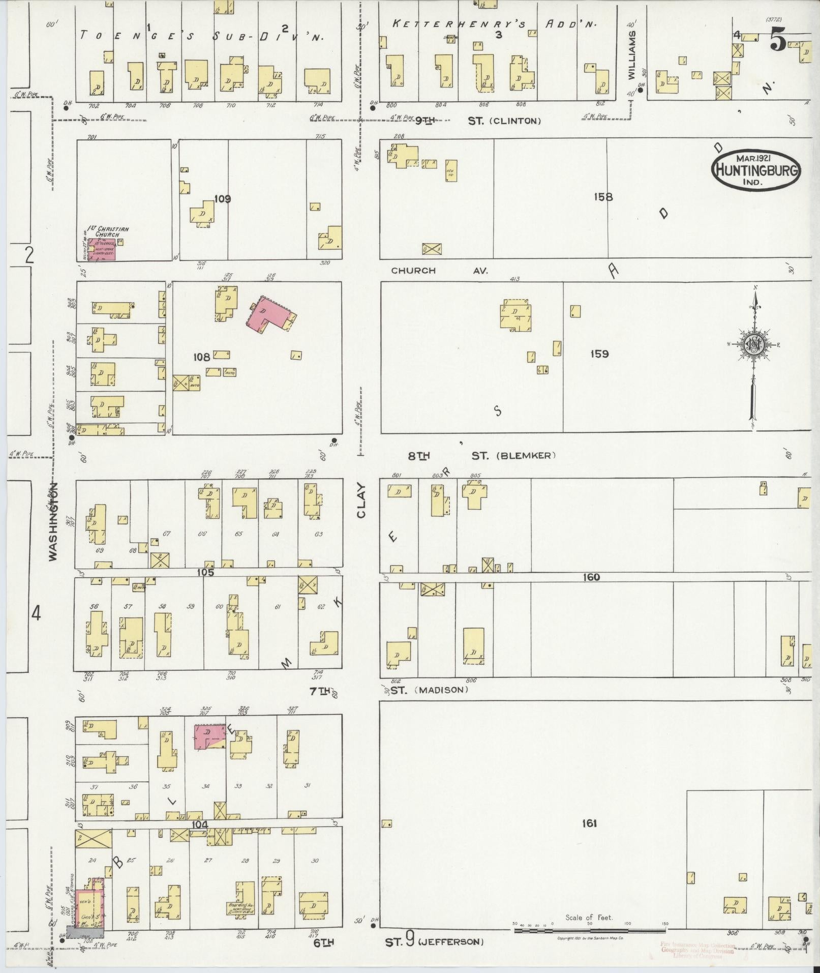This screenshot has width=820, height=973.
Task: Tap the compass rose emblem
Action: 753,345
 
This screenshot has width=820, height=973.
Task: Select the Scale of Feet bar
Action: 590,930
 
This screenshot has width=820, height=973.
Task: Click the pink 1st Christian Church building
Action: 102,249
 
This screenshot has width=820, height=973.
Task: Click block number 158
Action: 603,197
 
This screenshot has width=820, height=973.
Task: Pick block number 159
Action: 599,353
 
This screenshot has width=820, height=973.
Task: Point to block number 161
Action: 589,823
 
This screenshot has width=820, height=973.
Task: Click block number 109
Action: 222,199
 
